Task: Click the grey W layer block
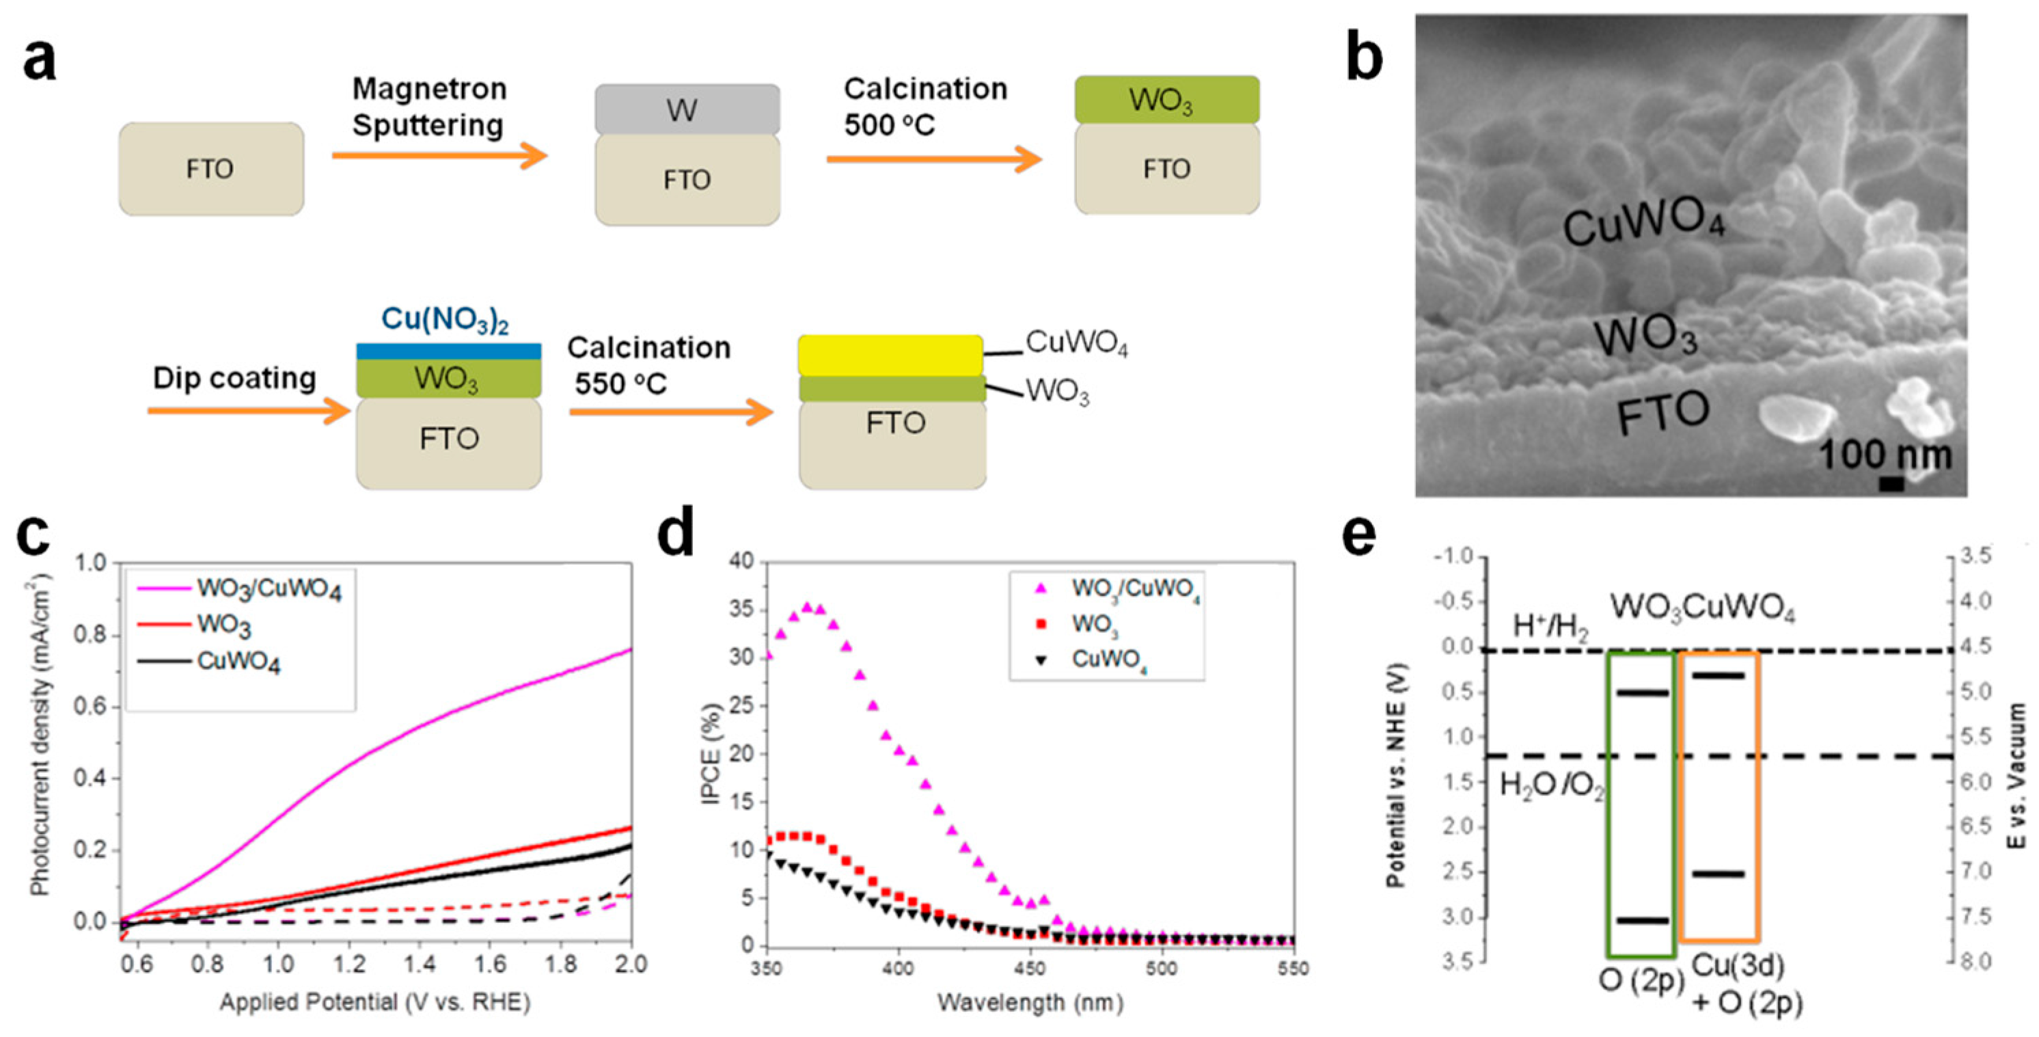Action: pos(687,109)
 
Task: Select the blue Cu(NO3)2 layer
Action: pos(448,351)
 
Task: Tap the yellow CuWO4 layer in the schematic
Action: pos(890,355)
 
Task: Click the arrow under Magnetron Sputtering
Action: pos(439,156)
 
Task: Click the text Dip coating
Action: pos(234,379)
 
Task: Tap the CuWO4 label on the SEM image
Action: pos(1643,220)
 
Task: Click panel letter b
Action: pos(1364,59)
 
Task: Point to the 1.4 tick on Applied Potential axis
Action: pos(420,964)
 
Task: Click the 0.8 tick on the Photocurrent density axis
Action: pos(90,635)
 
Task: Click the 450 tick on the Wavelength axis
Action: pos(1030,968)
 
